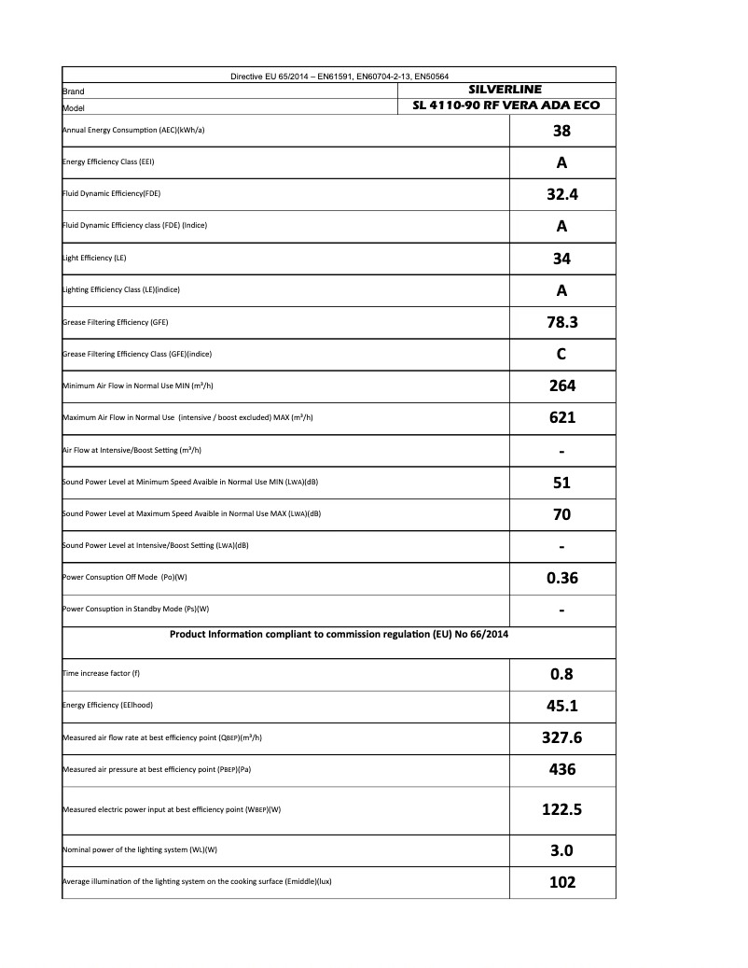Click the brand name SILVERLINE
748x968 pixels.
coord(506,89)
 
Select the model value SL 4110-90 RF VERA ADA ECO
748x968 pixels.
coord(506,105)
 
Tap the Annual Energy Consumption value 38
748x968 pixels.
coord(561,131)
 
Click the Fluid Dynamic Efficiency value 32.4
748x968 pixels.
coord(561,195)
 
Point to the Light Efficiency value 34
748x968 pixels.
coord(561,259)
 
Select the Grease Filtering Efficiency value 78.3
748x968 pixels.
coord(561,323)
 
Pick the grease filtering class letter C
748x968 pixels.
coord(561,355)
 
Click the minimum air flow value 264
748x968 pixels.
coord(561,386)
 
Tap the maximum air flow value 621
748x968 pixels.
coord(561,417)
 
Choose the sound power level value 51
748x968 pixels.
coord(561,483)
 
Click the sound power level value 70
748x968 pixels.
coord(561,514)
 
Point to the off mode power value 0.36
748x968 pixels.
coord(561,578)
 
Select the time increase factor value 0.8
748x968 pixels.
coord(561,673)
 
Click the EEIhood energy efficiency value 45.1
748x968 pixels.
coord(561,706)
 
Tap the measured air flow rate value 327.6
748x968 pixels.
coord(561,737)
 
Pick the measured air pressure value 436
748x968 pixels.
coord(561,769)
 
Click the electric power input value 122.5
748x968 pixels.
coord(561,809)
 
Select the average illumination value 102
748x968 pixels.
coord(561,882)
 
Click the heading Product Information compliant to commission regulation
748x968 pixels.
coord(339,635)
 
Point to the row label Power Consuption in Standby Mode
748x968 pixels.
coord(136,610)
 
